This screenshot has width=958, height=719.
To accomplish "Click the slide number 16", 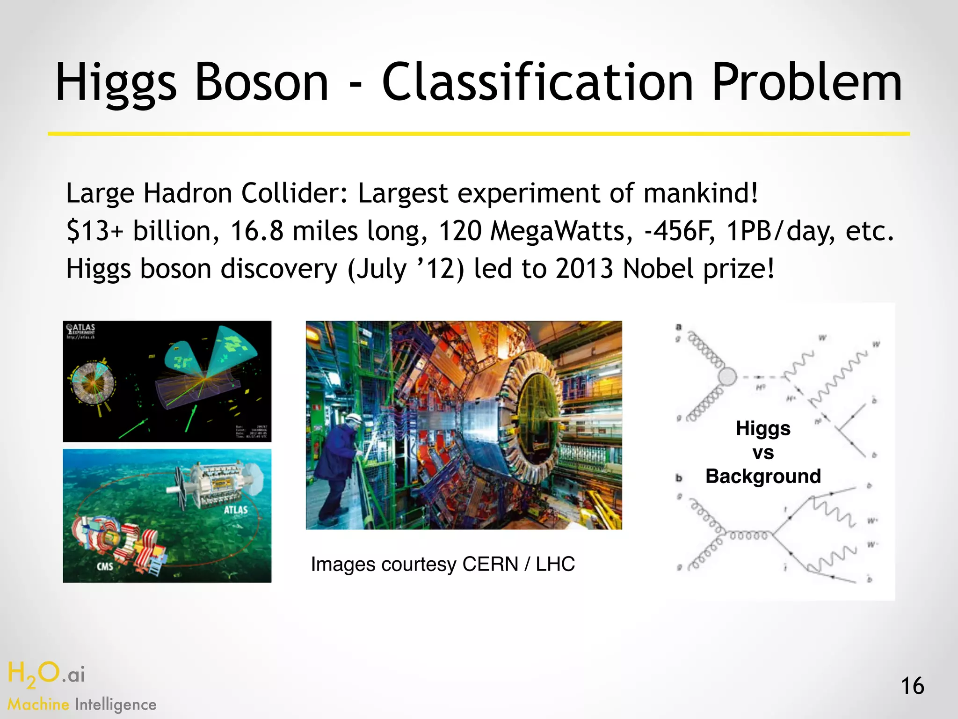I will click(912, 686).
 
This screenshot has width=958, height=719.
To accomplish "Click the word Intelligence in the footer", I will click(116, 704).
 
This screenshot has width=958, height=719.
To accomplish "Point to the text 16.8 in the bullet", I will click(257, 231).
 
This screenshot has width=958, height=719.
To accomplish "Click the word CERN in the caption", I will click(490, 564).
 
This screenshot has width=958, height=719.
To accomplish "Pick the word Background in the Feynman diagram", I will click(763, 476).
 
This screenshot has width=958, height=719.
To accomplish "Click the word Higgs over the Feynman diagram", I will click(763, 428).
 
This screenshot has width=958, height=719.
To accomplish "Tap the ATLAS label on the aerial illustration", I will click(235, 510).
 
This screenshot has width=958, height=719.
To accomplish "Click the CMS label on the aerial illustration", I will click(105, 566).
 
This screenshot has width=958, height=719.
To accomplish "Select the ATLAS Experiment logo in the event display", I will click(81, 330).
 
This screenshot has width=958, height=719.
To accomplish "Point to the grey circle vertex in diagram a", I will click(726, 376).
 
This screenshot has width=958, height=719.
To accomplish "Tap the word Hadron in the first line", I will click(187, 193).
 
